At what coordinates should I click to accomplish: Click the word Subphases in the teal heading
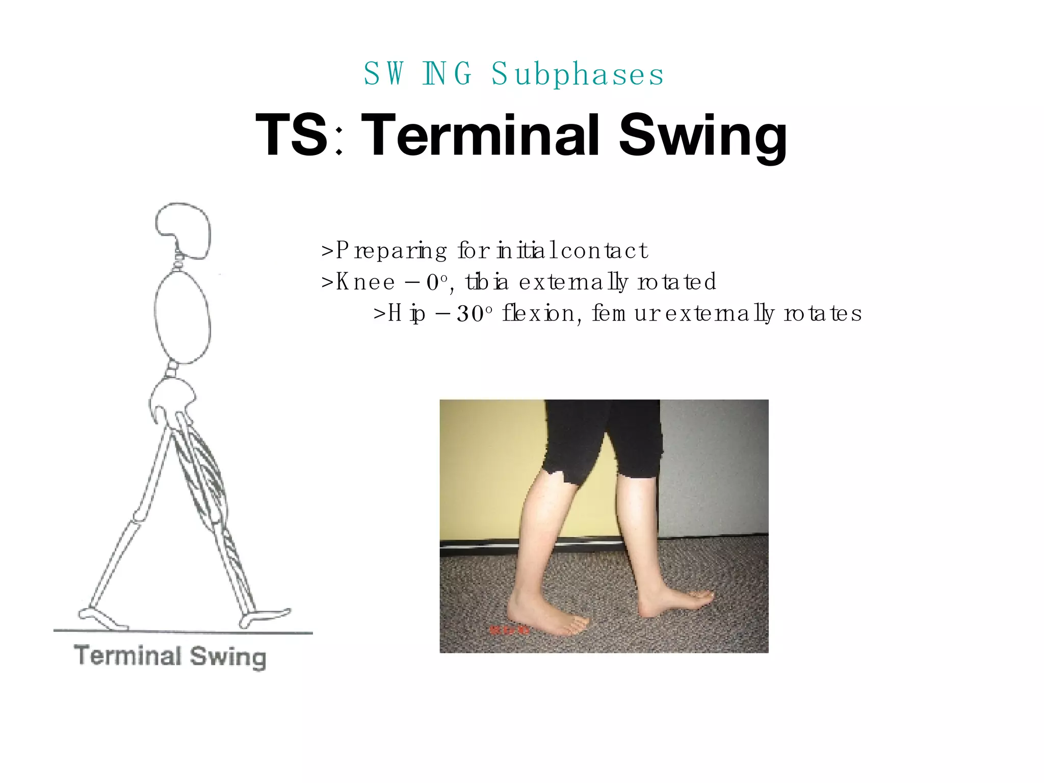pos(578,74)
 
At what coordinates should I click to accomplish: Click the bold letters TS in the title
pos(291,135)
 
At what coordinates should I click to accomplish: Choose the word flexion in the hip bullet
pos(540,313)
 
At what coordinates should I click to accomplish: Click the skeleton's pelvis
pos(172,400)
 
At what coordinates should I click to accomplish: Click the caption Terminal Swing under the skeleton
pos(170,656)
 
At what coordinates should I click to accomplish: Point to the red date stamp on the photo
pos(509,631)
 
